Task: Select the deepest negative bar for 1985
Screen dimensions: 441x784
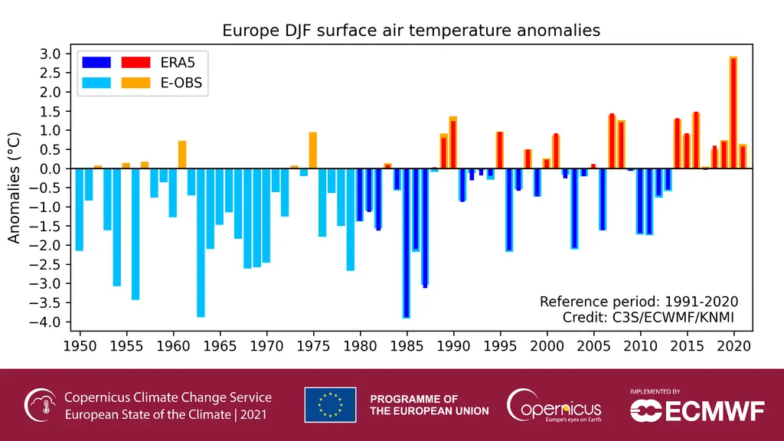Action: (x=407, y=243)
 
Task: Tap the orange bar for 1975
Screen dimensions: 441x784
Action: (x=312, y=150)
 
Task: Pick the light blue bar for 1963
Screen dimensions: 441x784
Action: (x=201, y=243)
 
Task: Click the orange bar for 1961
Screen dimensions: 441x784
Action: (x=182, y=155)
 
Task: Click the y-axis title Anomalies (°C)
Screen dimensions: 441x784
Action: (x=15, y=188)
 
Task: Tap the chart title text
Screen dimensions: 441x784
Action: (x=411, y=31)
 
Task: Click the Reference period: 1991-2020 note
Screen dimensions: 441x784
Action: (x=639, y=301)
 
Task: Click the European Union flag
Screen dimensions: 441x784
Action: (x=330, y=405)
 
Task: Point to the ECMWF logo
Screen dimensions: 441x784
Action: (x=697, y=409)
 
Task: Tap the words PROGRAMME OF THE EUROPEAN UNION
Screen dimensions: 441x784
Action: (x=430, y=405)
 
